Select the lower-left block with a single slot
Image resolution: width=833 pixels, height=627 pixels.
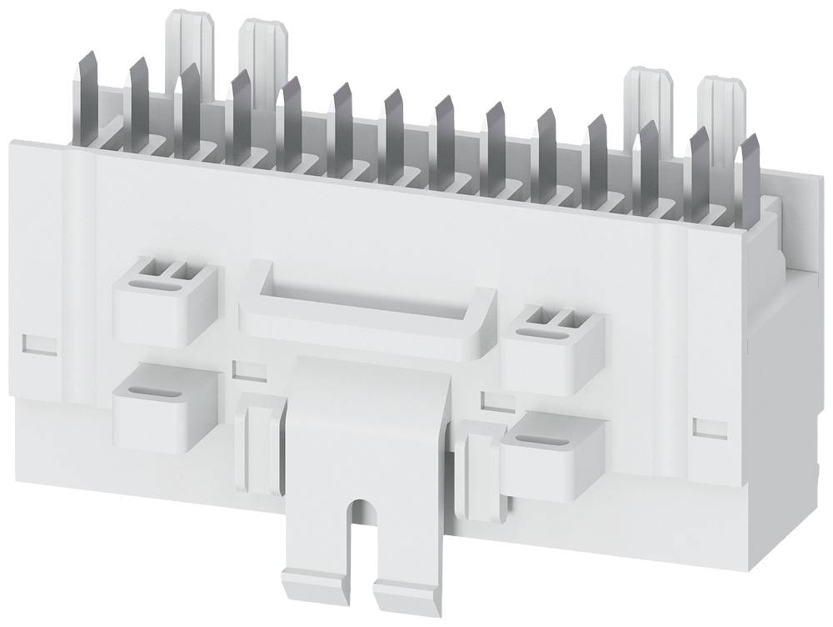(x=163, y=404)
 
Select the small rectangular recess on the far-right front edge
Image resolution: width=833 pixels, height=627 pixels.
(x=705, y=426)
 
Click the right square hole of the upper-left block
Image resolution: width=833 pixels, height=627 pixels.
(x=179, y=268)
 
